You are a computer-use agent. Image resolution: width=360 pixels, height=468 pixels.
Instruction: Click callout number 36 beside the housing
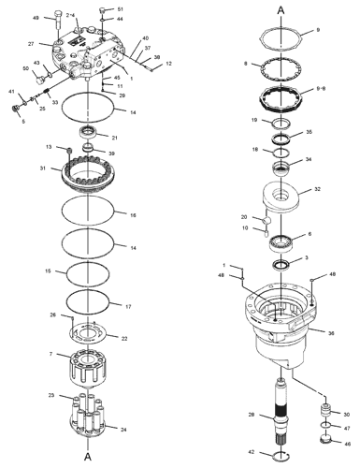coord(331,330)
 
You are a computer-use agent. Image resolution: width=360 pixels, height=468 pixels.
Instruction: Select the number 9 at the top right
coord(317,31)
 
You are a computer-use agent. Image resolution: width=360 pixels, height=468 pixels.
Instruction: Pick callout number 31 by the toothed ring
coord(42,168)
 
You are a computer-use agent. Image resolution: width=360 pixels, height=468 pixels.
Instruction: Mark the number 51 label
coord(120,9)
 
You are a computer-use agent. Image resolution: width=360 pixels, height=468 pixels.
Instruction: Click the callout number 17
coord(129,306)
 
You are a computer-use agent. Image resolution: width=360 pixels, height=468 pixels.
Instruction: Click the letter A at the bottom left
coord(87,457)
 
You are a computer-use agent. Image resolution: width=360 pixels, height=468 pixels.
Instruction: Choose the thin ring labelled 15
coord(94,274)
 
